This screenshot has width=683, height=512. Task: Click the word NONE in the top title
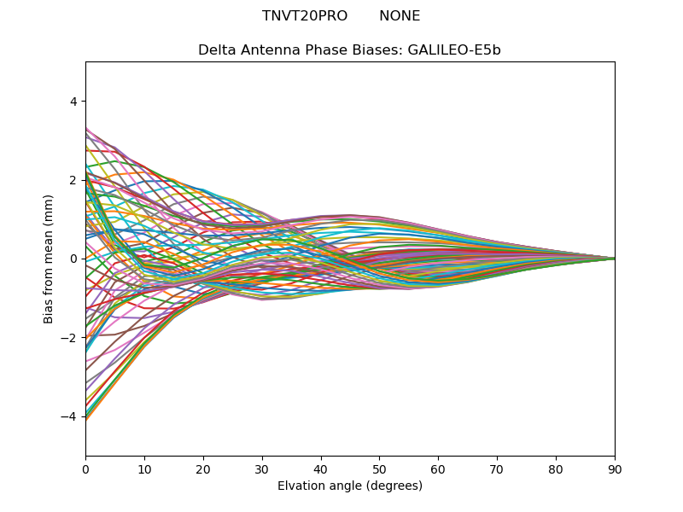pyautogui.click(x=400, y=16)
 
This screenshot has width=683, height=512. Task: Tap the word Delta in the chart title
pyautogui.click(x=217, y=50)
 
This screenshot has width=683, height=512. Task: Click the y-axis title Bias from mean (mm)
pyautogui.click(x=50, y=259)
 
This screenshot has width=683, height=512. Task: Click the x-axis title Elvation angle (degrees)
pyautogui.click(x=350, y=486)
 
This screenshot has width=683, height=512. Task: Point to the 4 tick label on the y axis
pyautogui.click(x=73, y=102)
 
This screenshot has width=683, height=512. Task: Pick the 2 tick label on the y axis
pyautogui.click(x=73, y=180)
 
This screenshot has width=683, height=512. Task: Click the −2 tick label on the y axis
pyautogui.click(x=70, y=338)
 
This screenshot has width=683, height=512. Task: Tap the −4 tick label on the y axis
pyautogui.click(x=70, y=416)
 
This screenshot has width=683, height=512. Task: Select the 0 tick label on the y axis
pyautogui.click(x=73, y=259)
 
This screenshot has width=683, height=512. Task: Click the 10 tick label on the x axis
pyautogui.click(x=144, y=468)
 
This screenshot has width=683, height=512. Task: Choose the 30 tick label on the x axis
pyautogui.click(x=262, y=468)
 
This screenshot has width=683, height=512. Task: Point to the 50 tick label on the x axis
pyautogui.click(x=379, y=468)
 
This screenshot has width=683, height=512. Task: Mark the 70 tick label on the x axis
pyautogui.click(x=497, y=468)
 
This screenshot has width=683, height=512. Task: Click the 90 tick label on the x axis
pyautogui.click(x=615, y=468)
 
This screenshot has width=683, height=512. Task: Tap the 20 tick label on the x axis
pyautogui.click(x=203, y=468)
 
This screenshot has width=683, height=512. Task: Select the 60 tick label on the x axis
pyautogui.click(x=438, y=468)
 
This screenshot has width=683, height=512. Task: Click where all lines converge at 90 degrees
pyautogui.click(x=614, y=259)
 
